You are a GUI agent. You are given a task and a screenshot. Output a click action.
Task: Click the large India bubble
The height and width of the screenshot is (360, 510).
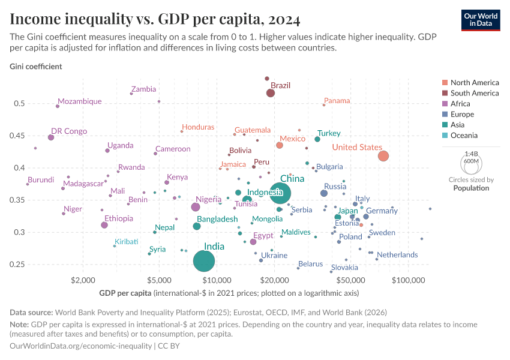coord(205,261)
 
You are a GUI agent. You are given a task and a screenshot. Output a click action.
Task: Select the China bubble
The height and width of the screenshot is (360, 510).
coord(280,193)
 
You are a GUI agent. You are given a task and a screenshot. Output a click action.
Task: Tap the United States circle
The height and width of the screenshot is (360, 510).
coord(383,156)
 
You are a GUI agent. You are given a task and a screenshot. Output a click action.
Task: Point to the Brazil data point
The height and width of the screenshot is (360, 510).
coord(271,92)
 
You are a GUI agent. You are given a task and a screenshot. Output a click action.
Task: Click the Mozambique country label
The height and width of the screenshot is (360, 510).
coord(80,101)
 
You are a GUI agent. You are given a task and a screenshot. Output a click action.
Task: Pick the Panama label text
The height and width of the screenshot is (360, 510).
coord(337,101)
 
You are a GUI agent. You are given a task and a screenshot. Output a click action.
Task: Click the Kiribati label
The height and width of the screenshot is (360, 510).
coord(125,241)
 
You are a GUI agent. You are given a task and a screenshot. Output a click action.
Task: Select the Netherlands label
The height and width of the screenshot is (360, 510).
coord(397,255)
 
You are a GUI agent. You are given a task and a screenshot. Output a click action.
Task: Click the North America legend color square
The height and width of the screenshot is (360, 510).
coord(444,83)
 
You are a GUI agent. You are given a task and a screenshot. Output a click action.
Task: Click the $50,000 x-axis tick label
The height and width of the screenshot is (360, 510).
coord(352,280)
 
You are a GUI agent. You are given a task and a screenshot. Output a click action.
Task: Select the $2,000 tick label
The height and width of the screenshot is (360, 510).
coord(83,280)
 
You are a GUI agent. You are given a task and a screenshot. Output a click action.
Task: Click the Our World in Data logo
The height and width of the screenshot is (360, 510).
coord(481,19)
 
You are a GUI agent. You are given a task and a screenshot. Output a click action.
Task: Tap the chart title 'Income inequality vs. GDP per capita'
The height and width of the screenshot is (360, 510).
coord(155,20)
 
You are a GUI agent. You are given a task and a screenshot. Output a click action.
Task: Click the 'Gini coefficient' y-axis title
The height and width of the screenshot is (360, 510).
coord(35,66)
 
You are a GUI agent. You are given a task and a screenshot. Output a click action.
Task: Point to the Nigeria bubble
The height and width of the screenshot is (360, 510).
coord(195,207)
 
